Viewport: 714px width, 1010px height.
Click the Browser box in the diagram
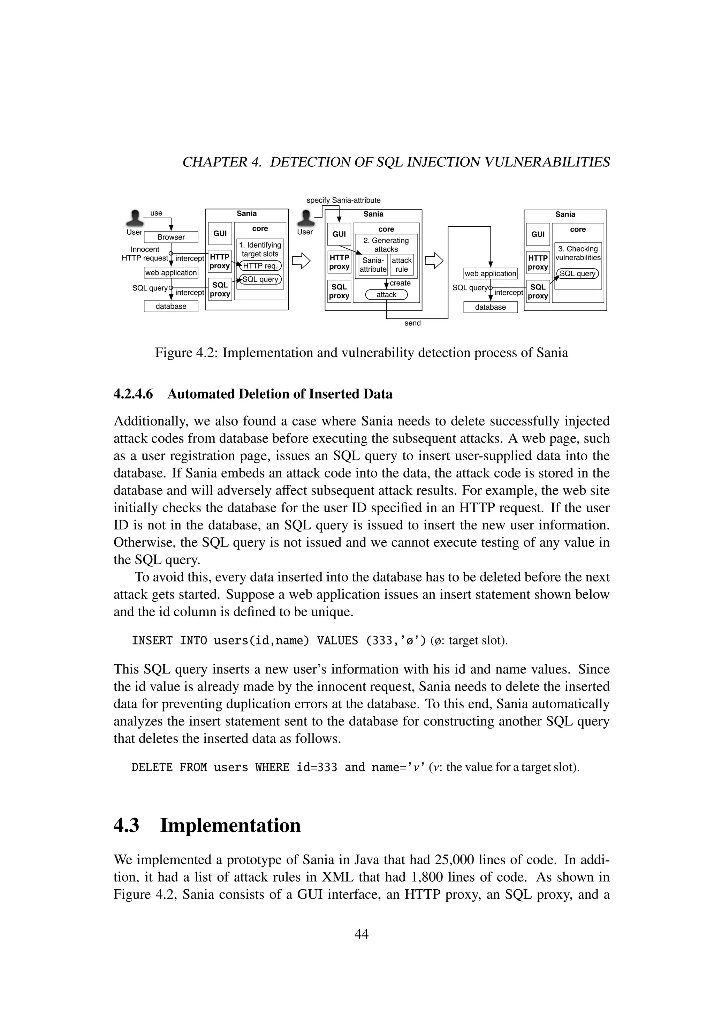171,237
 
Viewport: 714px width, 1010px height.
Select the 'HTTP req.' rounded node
260,266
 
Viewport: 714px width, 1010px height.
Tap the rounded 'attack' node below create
386,295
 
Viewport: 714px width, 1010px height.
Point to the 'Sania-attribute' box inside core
373,265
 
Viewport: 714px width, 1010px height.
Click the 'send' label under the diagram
412,323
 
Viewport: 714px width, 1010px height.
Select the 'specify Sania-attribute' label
343,200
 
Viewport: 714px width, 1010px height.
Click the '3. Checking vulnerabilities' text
578,253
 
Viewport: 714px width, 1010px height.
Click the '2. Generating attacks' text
386,244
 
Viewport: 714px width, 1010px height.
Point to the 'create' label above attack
400,283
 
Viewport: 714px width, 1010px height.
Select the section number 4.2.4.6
133,394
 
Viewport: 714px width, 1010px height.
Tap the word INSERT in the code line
152,640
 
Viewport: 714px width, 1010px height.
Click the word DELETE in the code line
152,768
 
